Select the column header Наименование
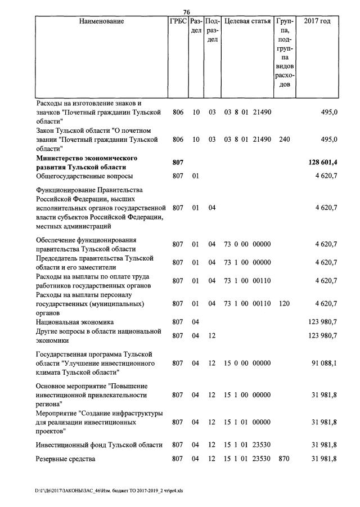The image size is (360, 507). tap(101, 21)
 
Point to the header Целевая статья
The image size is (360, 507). tap(247, 21)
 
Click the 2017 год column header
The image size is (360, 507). tap(317, 21)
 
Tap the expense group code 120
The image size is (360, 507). tap(285, 303)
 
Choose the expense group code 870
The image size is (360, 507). tap(285, 459)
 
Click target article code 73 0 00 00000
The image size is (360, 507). tap(247, 244)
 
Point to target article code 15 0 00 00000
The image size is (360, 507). tap(247, 363)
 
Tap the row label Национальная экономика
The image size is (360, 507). tap(75, 321)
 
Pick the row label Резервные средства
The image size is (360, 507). tap(66, 459)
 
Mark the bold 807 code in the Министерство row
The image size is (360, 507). tap(178, 163)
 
